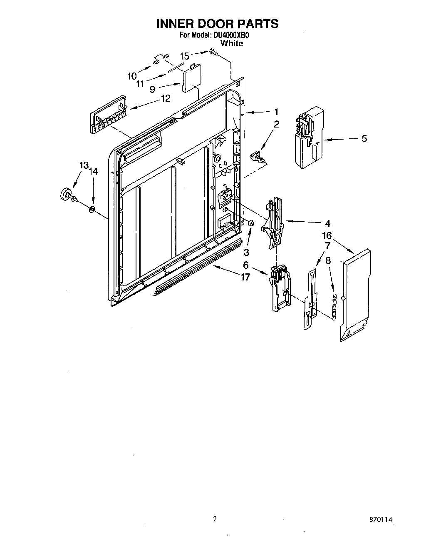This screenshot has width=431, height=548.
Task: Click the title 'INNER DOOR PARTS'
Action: pyautogui.click(x=217, y=24)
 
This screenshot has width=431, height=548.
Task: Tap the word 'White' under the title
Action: pyautogui.click(x=232, y=43)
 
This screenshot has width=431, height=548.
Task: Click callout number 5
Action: pyautogui.click(x=364, y=139)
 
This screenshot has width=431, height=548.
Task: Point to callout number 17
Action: pyautogui.click(x=245, y=277)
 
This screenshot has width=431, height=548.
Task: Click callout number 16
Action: pyautogui.click(x=327, y=236)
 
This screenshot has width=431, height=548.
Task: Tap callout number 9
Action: pyautogui.click(x=153, y=89)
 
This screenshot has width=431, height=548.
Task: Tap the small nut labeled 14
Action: pyautogui.click(x=92, y=208)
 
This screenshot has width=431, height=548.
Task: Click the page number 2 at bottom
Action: pyautogui.click(x=215, y=519)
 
